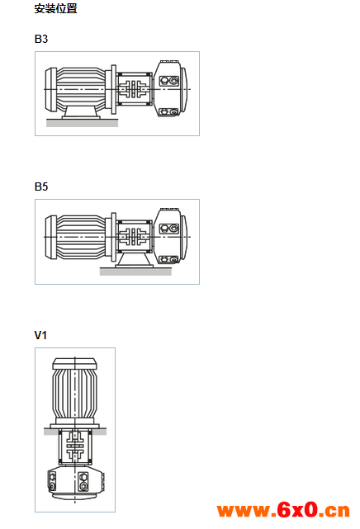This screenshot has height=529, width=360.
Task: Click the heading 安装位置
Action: (55, 8)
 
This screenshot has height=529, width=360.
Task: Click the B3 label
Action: (41, 39)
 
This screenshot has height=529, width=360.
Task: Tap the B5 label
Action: (41, 187)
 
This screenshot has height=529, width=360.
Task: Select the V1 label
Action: (40, 335)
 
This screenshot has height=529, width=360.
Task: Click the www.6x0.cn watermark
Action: (283, 510)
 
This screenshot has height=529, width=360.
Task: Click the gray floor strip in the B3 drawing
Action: (82, 123)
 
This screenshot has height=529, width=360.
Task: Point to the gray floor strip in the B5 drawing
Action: (135, 272)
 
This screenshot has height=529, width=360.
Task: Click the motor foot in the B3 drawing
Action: (81, 112)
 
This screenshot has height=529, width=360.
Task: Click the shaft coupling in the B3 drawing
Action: (134, 89)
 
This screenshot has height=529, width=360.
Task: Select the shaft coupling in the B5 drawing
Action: (134, 237)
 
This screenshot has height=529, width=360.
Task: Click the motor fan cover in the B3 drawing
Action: (50, 89)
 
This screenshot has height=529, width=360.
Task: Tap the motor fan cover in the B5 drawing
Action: (50, 237)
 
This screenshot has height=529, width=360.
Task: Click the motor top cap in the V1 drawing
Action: (74, 363)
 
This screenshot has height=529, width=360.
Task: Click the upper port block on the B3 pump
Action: (168, 81)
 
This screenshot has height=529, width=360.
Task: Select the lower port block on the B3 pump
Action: (168, 111)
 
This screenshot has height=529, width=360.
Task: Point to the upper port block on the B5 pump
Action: (168, 229)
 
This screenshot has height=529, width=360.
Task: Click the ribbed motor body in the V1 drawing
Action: (74, 394)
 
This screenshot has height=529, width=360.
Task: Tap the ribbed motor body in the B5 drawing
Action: (81, 237)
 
